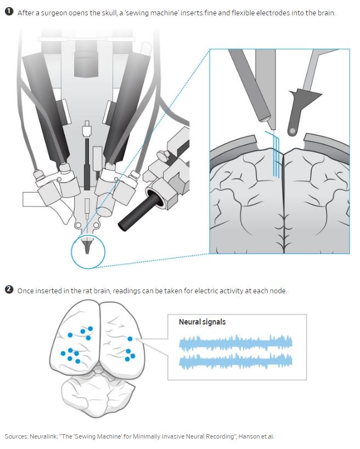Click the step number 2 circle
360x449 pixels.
9,290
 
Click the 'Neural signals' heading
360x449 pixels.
202,322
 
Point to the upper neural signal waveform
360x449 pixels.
236,343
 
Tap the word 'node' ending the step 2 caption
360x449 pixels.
277,291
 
